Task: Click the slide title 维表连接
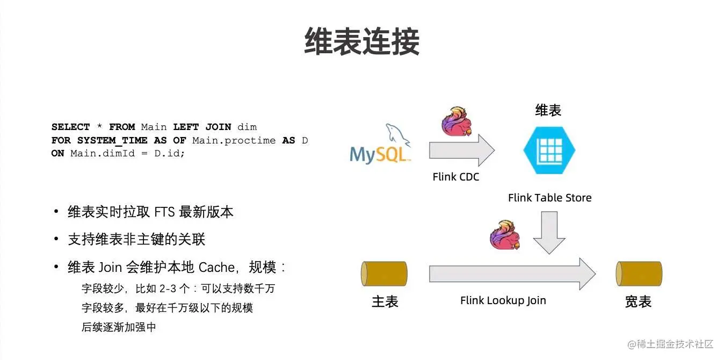coord(361,41)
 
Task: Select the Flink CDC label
coord(455,176)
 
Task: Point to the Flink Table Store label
coord(549,198)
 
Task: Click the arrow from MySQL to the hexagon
coord(461,150)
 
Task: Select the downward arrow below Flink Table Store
coord(549,232)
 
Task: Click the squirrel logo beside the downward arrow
coord(505,235)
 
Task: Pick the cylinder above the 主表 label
coord(384,273)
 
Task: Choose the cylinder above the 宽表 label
coord(639,273)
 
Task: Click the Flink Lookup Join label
coord(503,300)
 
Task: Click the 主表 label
coord(385,301)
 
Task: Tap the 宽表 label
coord(638,301)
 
